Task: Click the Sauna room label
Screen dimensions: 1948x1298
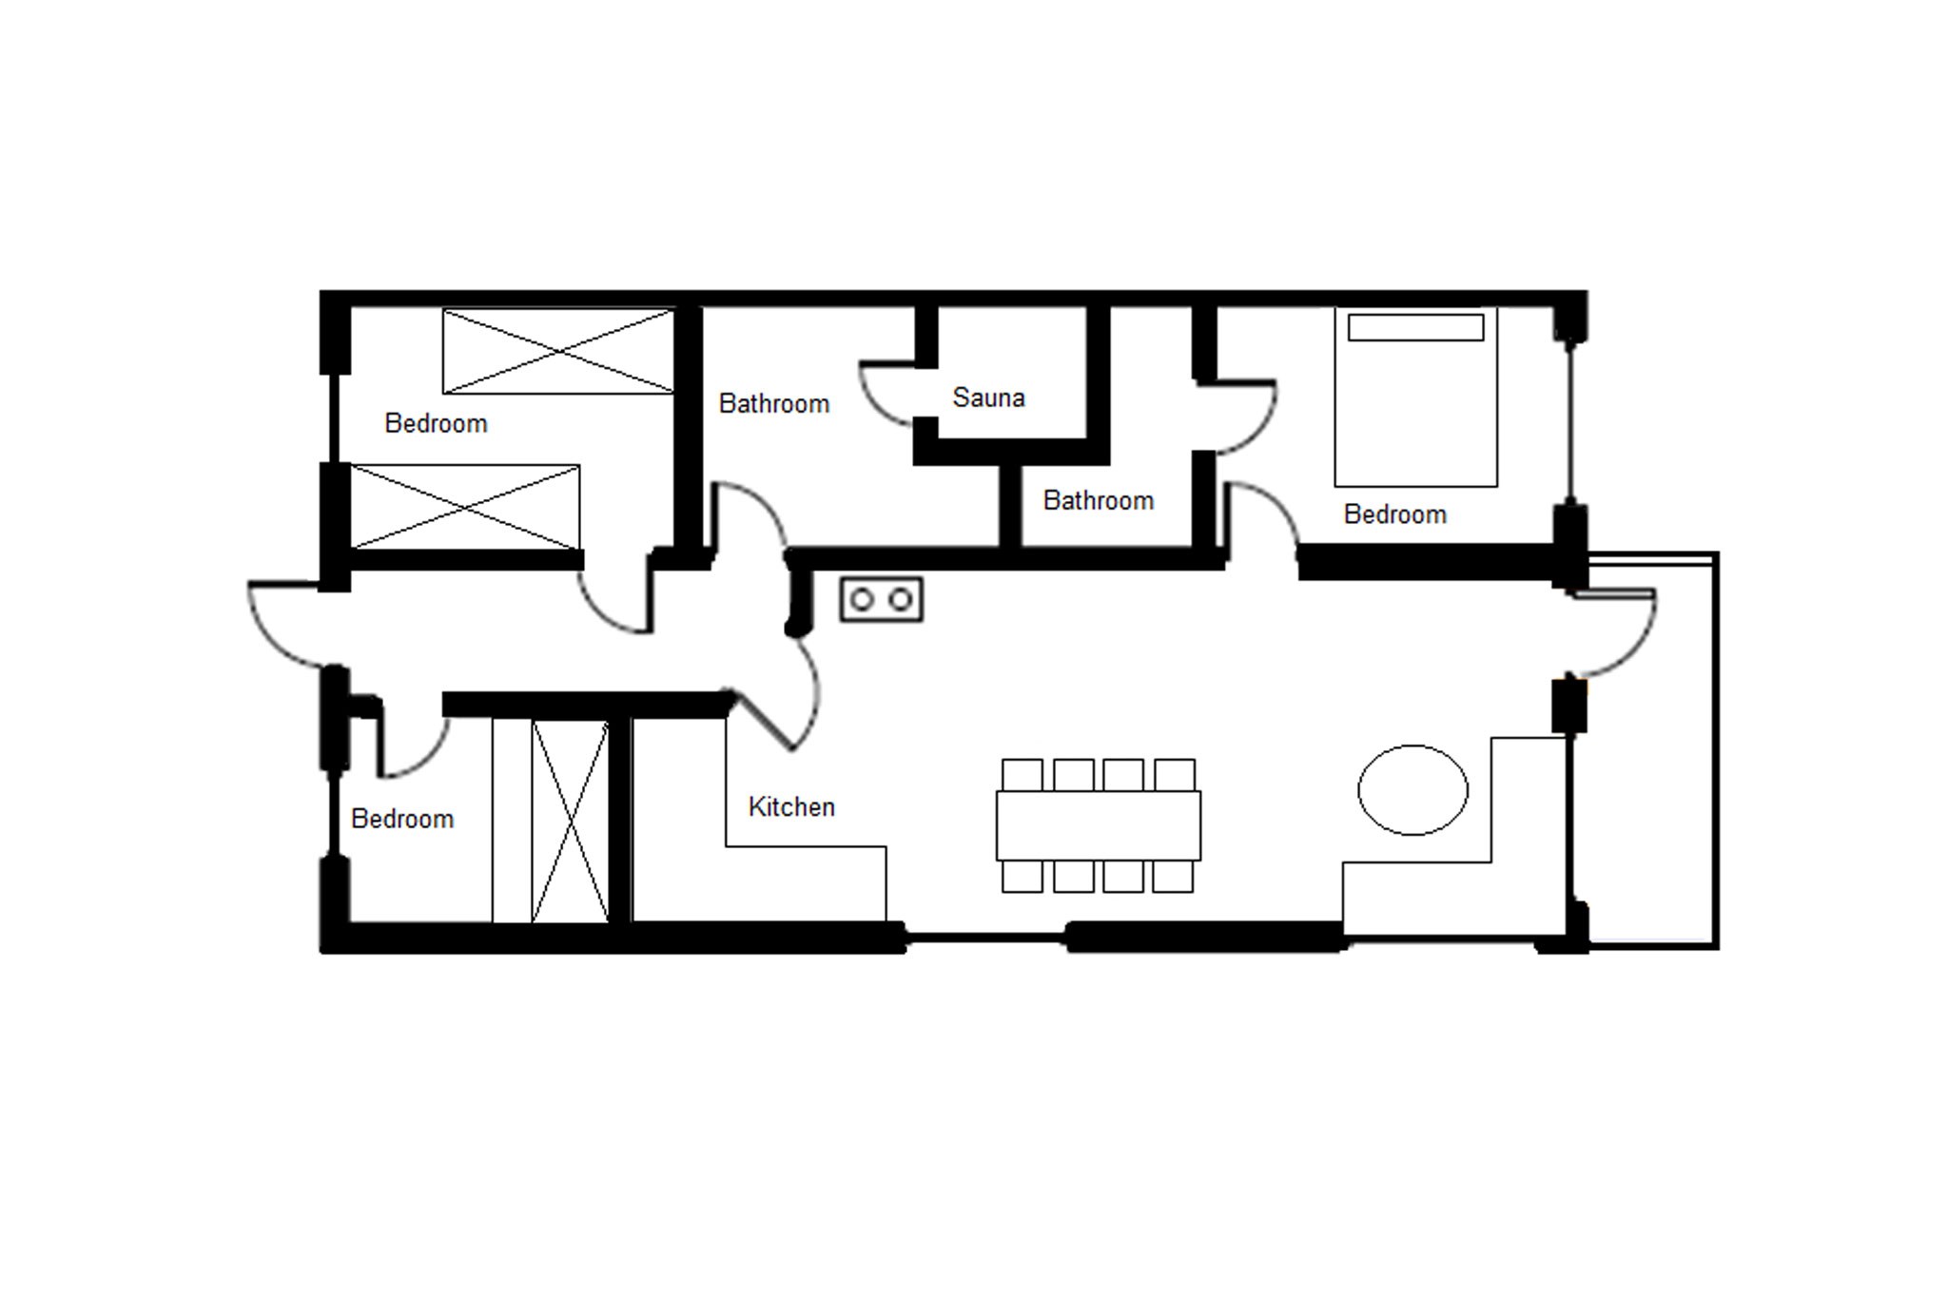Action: (x=988, y=397)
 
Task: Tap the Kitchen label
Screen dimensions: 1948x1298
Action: (x=791, y=806)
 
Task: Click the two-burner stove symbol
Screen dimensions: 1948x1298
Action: (x=882, y=600)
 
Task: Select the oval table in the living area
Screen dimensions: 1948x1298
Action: (x=1412, y=790)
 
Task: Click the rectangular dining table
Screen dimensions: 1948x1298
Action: (x=1099, y=825)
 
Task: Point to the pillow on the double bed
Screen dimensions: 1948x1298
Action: (x=1415, y=327)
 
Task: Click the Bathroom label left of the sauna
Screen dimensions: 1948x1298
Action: (x=774, y=404)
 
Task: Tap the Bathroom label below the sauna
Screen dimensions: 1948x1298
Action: (x=1099, y=500)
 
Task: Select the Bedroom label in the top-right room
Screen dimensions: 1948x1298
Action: (x=1395, y=514)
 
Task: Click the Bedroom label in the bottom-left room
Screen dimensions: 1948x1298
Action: (x=402, y=819)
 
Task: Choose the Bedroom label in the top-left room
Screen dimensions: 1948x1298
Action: (x=436, y=423)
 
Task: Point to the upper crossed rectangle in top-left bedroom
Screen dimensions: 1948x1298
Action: (x=558, y=351)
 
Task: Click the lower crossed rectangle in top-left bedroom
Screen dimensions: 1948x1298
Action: (x=465, y=507)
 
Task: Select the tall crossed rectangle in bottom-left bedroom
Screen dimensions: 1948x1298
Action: (x=570, y=821)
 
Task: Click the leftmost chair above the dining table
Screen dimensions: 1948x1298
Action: (x=1023, y=775)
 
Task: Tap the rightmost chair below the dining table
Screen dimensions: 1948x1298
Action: (x=1173, y=876)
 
